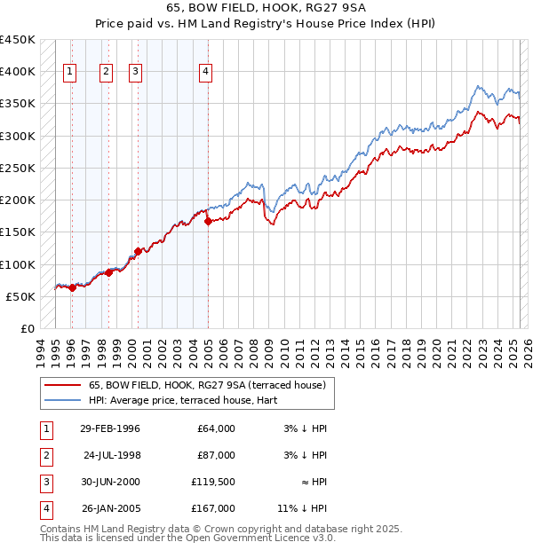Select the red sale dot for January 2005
[x=208, y=222]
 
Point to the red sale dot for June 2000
[x=138, y=252]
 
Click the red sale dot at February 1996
[x=72, y=287]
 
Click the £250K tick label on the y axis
[x=18, y=168]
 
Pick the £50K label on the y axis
[x=21, y=296]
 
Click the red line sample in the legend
[x=62, y=385]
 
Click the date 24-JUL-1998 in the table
[x=114, y=455]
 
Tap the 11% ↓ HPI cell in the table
[x=302, y=508]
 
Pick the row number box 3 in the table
[x=45, y=482]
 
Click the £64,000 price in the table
[x=215, y=428]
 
